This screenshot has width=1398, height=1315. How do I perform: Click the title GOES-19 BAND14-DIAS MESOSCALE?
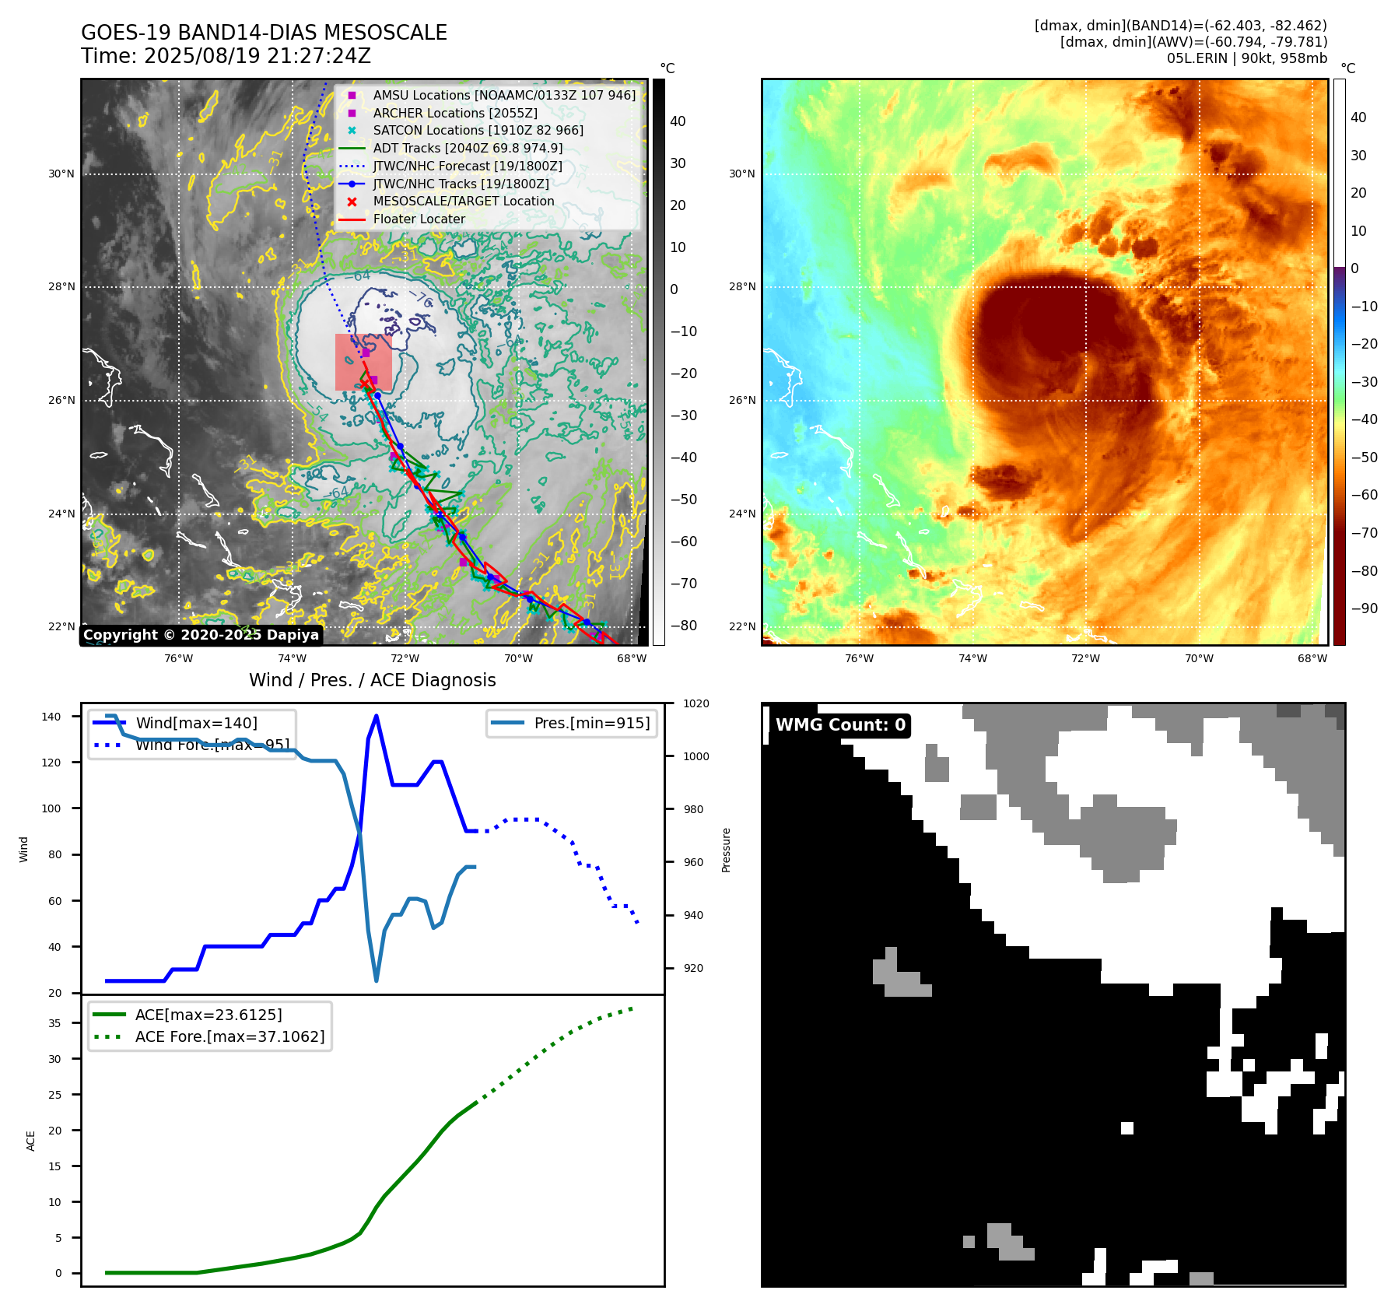[264, 33]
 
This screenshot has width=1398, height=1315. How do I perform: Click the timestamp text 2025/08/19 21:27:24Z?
[257, 56]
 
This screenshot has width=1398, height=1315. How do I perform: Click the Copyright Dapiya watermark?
[201, 635]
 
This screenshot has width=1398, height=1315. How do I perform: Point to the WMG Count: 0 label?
[840, 725]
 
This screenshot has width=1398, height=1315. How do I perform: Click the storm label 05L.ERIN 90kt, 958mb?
[1246, 58]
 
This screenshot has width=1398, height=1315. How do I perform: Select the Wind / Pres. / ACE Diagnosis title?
[372, 680]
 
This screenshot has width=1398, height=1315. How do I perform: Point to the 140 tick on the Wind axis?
[51, 717]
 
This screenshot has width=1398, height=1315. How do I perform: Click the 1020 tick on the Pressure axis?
[695, 703]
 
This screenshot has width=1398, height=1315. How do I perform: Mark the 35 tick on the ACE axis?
[54, 1023]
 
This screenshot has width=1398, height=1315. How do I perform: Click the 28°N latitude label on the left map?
[61, 287]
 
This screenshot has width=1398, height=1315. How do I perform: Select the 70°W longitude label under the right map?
[1199, 658]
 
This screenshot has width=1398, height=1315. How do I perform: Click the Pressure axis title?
[726, 850]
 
